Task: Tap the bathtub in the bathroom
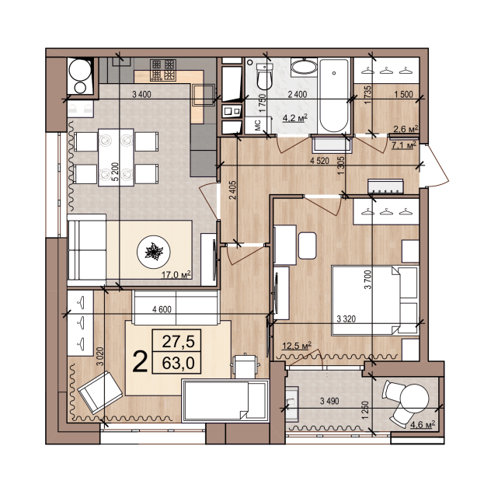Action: (333, 96)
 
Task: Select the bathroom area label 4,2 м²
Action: (295, 118)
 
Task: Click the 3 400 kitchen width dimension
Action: (141, 94)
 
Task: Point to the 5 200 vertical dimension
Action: (115, 172)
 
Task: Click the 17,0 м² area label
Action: (176, 274)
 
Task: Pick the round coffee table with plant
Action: (154, 252)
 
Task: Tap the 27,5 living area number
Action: (178, 341)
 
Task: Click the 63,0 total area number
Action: (178, 363)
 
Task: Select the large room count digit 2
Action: (140, 361)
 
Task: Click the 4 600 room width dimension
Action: (162, 309)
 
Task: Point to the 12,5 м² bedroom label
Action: (297, 346)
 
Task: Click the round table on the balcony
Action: (414, 399)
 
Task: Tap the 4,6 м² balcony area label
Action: (423, 425)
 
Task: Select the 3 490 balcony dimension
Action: (329, 401)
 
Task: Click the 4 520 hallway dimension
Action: (320, 161)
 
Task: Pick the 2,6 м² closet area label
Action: (406, 128)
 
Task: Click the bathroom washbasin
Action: (304, 67)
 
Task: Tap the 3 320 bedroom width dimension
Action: (346, 319)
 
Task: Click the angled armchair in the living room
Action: (99, 392)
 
